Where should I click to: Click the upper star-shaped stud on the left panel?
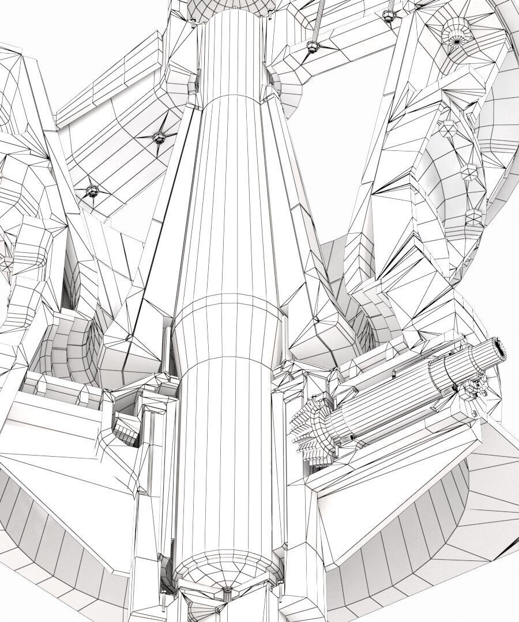pyautogui.click(x=157, y=136)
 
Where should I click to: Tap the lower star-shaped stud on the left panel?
pyautogui.click(x=91, y=190)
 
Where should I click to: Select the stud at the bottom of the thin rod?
pyautogui.click(x=312, y=47)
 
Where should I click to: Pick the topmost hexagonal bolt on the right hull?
pyautogui.click(x=447, y=127)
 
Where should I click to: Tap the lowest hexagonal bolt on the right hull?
pyautogui.click(x=474, y=217)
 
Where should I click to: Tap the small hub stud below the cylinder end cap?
pyautogui.click(x=226, y=591)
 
